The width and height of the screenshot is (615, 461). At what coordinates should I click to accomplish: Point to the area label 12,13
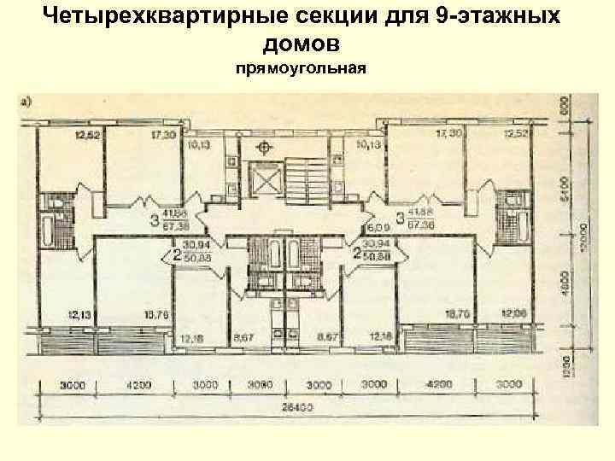point(80,316)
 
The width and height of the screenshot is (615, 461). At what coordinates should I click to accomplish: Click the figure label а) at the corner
point(26,101)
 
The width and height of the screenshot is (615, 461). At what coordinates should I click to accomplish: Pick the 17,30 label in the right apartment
point(448,134)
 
